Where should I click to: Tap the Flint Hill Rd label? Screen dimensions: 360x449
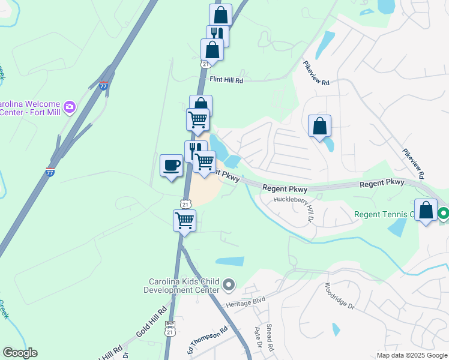(226, 80)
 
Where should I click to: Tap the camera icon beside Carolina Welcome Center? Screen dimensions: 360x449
(70, 107)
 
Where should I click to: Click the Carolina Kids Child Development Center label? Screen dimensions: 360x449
(185, 286)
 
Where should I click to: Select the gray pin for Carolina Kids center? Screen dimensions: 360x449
(229, 284)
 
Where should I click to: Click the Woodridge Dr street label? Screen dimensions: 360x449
(340, 296)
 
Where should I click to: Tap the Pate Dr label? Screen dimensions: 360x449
(258, 337)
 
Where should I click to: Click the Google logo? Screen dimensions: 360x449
(20, 353)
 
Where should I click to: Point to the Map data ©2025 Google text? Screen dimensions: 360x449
(412, 355)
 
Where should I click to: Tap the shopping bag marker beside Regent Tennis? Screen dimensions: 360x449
(426, 211)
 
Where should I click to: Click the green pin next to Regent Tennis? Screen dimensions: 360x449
(444, 213)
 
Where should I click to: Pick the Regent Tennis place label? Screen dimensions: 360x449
(384, 214)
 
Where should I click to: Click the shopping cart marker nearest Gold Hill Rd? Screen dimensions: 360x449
(184, 220)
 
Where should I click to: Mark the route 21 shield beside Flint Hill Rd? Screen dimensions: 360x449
(205, 64)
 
